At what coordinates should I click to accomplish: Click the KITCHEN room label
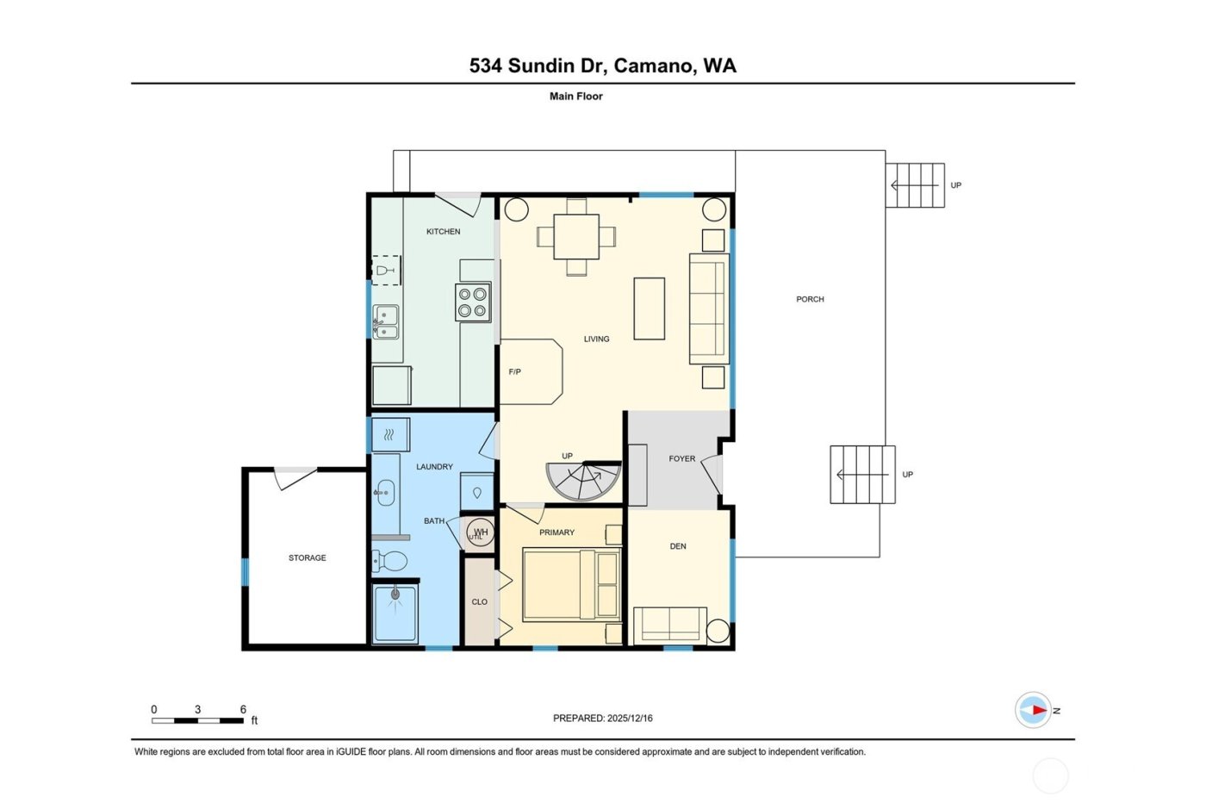point(443,232)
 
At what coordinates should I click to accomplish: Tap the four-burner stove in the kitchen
point(473,302)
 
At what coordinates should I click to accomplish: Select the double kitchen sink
point(385,321)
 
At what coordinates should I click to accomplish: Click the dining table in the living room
point(576,236)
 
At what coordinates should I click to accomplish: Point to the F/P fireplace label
point(514,372)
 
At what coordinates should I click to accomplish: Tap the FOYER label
point(681,459)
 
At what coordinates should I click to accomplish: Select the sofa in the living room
point(709,308)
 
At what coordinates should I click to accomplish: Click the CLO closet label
point(479,602)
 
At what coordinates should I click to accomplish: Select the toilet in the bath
point(389,562)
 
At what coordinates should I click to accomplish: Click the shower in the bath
point(395,613)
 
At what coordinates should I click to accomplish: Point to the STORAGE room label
point(307,558)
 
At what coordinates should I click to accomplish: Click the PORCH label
point(810,300)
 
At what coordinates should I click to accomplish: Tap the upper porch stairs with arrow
point(915,185)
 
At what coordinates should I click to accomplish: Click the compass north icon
point(1034,711)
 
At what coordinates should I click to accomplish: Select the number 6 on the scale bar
point(243,710)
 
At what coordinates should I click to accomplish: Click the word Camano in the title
point(654,66)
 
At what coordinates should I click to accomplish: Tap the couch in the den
point(668,626)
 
